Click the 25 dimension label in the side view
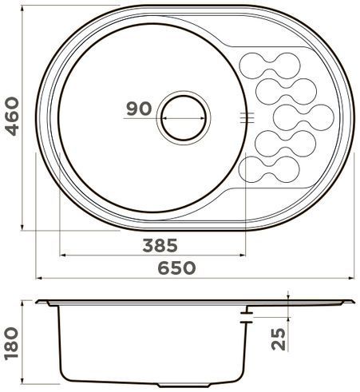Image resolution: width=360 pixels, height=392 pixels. (x=277, y=339)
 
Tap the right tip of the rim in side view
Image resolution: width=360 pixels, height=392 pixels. (x=352, y=301)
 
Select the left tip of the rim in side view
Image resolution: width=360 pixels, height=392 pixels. (x=39, y=302)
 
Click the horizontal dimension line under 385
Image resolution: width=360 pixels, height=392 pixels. (x=152, y=255)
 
